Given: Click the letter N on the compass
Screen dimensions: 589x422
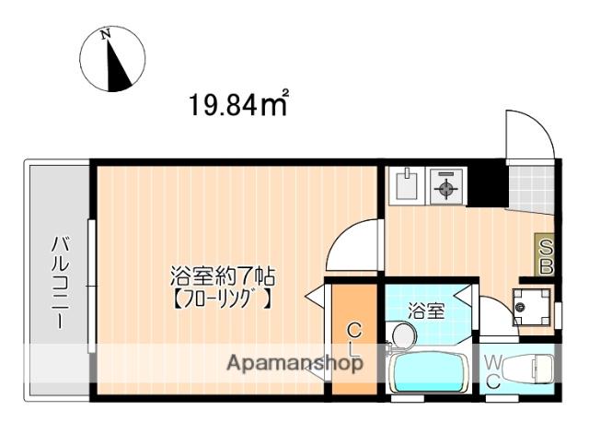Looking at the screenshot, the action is [x=106, y=35].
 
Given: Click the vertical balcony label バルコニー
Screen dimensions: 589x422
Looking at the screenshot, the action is [x=60, y=283].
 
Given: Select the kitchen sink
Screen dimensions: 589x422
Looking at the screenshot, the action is [x=407, y=186].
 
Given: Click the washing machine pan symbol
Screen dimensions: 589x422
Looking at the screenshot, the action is [x=532, y=307].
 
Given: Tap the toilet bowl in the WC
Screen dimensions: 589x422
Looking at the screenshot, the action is [x=528, y=369].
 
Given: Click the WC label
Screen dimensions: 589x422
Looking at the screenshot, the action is [x=492, y=373].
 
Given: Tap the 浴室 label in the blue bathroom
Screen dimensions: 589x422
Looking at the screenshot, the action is [x=427, y=311].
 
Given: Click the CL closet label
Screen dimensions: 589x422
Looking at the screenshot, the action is [x=354, y=340].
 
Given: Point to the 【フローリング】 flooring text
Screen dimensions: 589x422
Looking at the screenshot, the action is [x=222, y=299].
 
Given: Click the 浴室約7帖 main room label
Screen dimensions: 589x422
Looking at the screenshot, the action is [x=223, y=276].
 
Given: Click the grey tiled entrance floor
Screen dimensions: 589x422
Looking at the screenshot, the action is [x=530, y=189].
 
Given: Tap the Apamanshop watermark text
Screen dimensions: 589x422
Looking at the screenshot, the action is [x=295, y=363].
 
